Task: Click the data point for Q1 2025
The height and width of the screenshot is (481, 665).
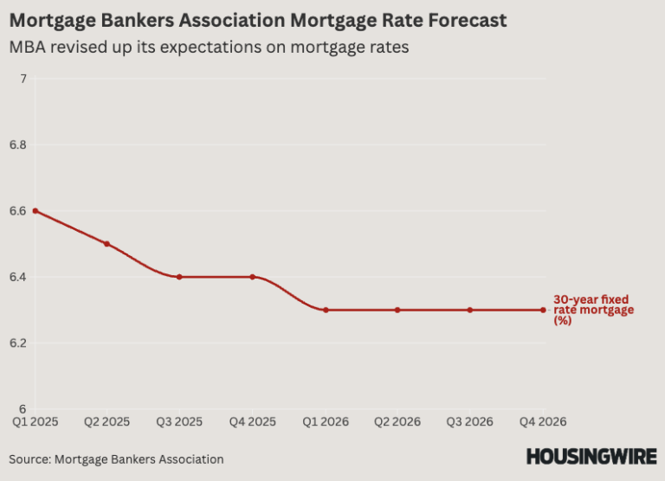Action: click(35, 211)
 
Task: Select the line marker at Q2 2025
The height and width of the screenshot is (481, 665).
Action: click(107, 244)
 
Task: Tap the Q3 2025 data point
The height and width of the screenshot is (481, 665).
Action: click(179, 277)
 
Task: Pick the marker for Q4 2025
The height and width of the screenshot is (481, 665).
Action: click(252, 277)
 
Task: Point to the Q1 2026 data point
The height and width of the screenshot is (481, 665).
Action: click(326, 310)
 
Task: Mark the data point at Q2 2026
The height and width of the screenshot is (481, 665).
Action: click(397, 310)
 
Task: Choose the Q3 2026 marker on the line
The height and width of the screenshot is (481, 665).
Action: click(470, 310)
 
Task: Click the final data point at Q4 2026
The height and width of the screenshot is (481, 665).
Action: click(543, 310)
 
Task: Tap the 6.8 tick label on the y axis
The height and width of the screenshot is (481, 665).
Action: click(18, 145)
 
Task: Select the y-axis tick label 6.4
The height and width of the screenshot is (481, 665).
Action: click(18, 277)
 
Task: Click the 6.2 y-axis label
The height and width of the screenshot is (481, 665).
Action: click(18, 343)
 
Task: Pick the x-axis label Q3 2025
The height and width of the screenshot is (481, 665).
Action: click(179, 422)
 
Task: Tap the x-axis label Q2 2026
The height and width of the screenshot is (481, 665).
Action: click(397, 422)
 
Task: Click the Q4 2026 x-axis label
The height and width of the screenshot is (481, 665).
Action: click(543, 422)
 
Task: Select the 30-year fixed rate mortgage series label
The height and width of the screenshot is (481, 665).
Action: click(593, 310)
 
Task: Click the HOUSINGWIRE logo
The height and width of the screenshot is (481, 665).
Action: click(591, 456)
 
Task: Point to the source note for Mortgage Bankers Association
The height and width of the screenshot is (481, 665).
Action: click(117, 459)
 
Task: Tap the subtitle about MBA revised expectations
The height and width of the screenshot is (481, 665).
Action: click(209, 48)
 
